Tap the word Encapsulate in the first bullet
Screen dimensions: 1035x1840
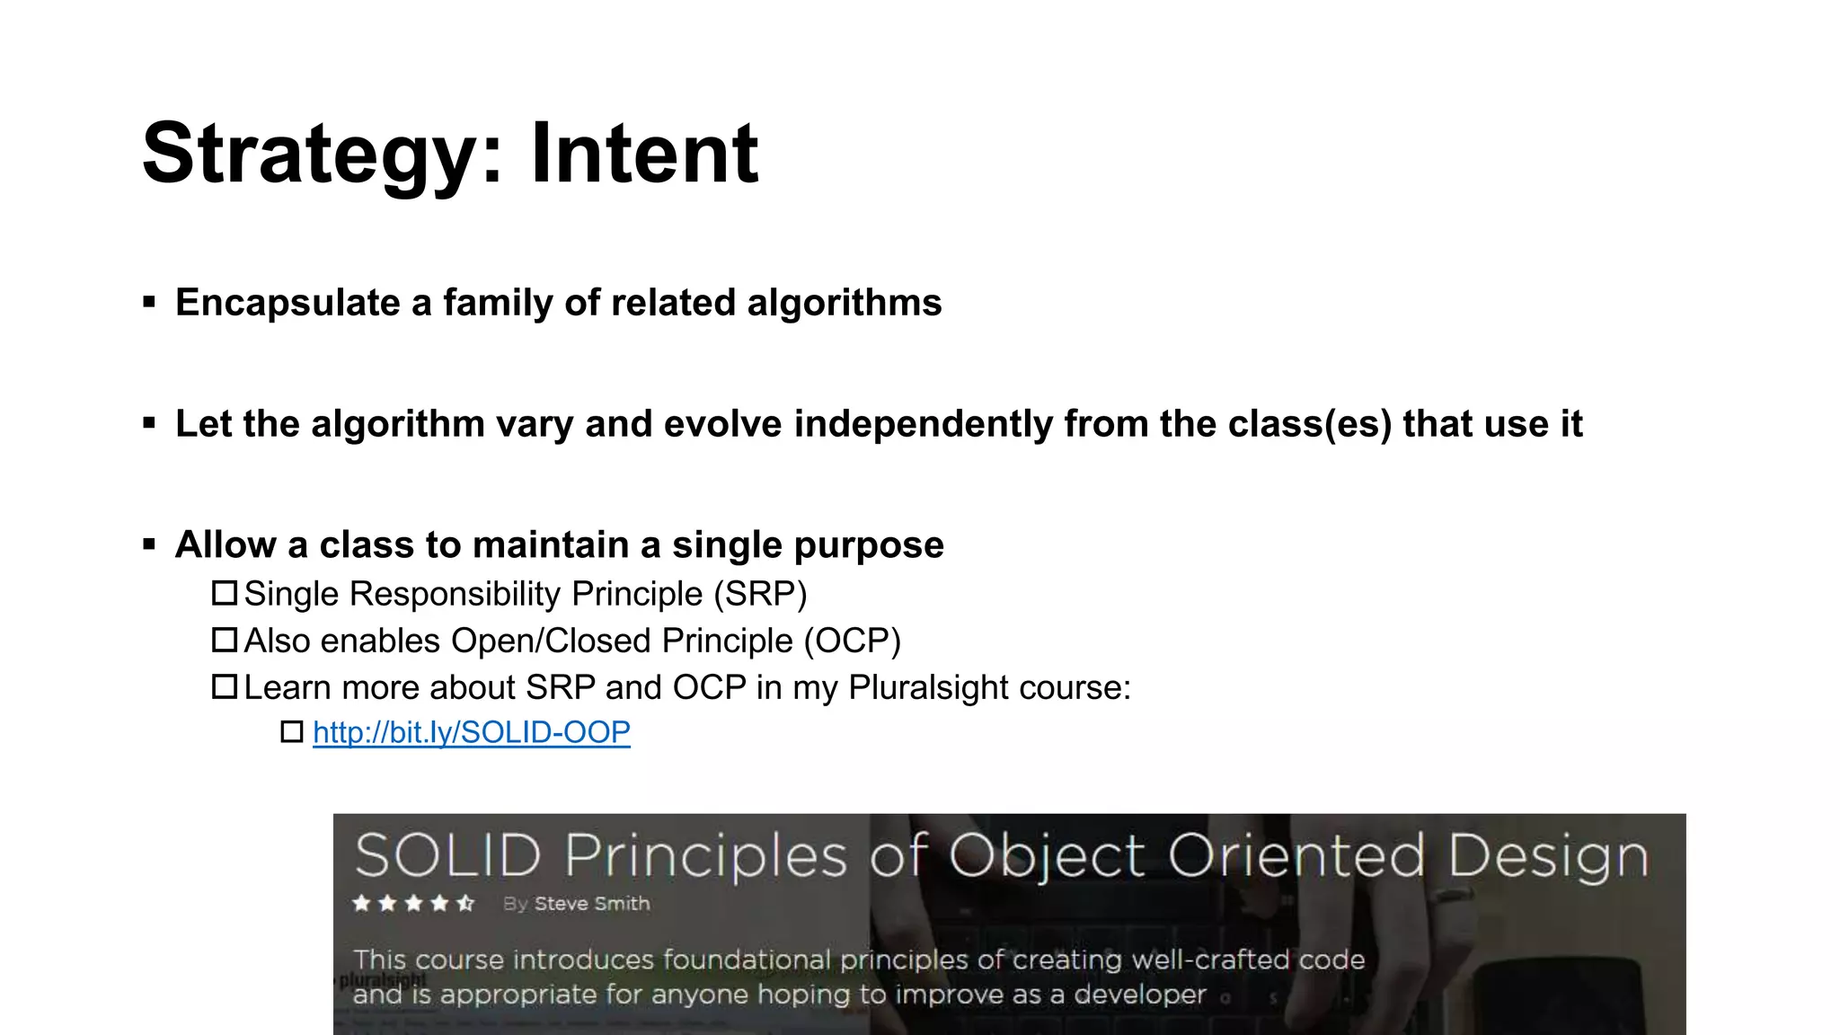(x=287, y=304)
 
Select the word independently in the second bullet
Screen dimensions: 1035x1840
(x=923, y=425)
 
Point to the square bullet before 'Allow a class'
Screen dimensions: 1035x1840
(x=149, y=544)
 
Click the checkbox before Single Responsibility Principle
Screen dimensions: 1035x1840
(x=224, y=593)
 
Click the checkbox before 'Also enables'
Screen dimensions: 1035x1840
(x=224, y=640)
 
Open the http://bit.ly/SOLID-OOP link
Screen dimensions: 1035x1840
(x=471, y=732)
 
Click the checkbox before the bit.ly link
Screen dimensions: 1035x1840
(x=292, y=731)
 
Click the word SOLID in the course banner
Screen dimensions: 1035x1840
(x=447, y=855)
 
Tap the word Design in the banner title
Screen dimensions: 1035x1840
(x=1548, y=855)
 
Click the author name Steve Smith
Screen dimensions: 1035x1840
(x=591, y=904)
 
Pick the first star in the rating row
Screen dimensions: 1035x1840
(x=361, y=903)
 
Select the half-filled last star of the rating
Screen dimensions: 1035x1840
(x=464, y=903)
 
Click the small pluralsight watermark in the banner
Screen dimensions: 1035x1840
(x=383, y=979)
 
